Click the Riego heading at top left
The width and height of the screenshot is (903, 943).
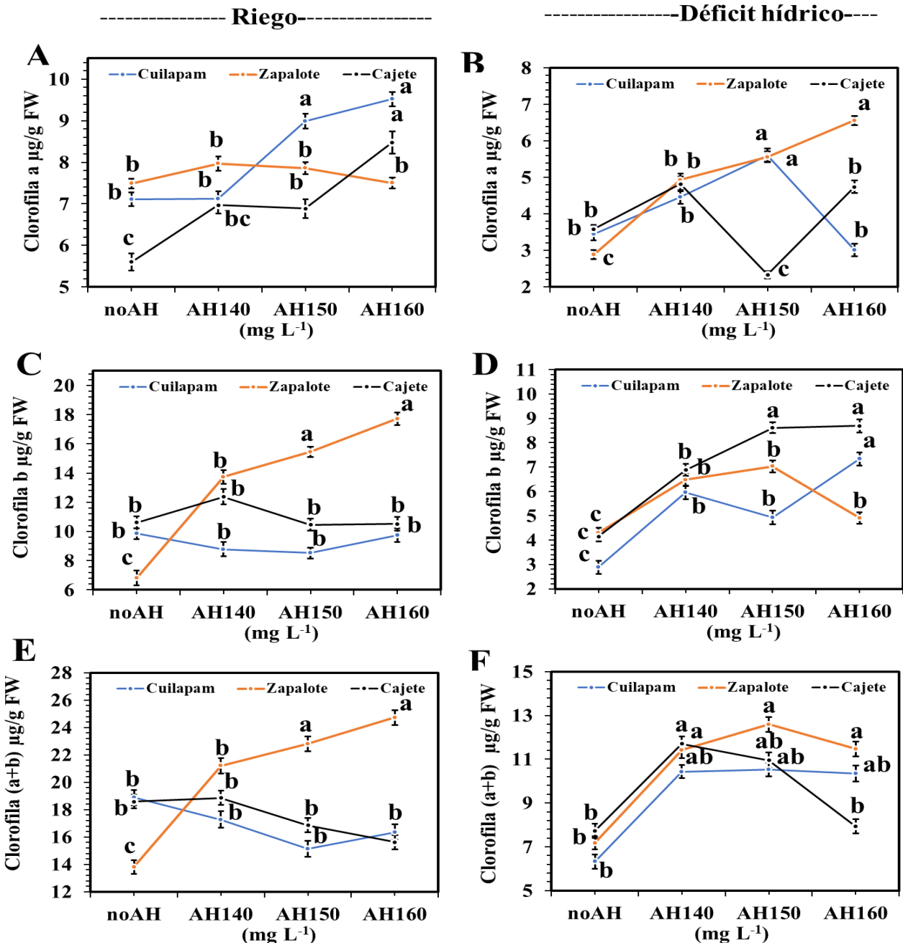pyautogui.click(x=263, y=17)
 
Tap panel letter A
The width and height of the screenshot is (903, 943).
pyautogui.click(x=38, y=55)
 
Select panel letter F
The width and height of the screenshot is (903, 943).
pyautogui.click(x=480, y=660)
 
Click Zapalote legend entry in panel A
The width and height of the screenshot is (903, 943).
pyautogui.click(x=289, y=74)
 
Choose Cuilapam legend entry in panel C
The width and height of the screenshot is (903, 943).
pyautogui.click(x=183, y=387)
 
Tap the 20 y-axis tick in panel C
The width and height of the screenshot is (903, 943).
pyautogui.click(x=65, y=385)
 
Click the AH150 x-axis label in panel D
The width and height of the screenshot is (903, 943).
pyautogui.click(x=773, y=611)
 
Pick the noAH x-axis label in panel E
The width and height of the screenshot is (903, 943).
pyautogui.click(x=134, y=914)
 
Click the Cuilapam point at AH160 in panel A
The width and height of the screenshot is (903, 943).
pyautogui.click(x=392, y=99)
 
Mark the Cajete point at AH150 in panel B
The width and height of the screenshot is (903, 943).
pyautogui.click(x=768, y=275)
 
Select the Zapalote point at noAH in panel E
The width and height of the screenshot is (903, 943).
pyautogui.click(x=134, y=867)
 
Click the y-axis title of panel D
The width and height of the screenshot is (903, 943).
pyautogui.click(x=494, y=473)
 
